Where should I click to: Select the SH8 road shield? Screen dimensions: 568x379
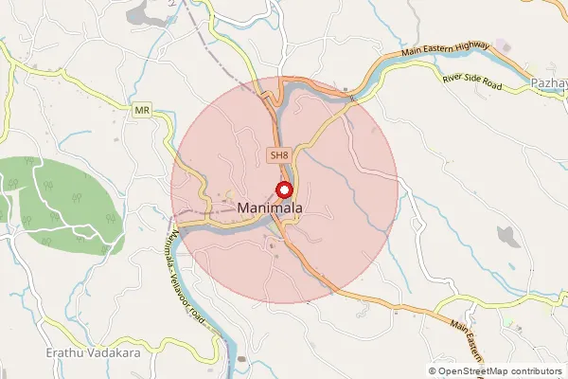277,154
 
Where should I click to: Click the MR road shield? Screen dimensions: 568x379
143,110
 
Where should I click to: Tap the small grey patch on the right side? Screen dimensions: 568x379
507,235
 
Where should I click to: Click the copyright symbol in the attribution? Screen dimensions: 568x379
433,370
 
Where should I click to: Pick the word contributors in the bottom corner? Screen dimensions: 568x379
531,370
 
